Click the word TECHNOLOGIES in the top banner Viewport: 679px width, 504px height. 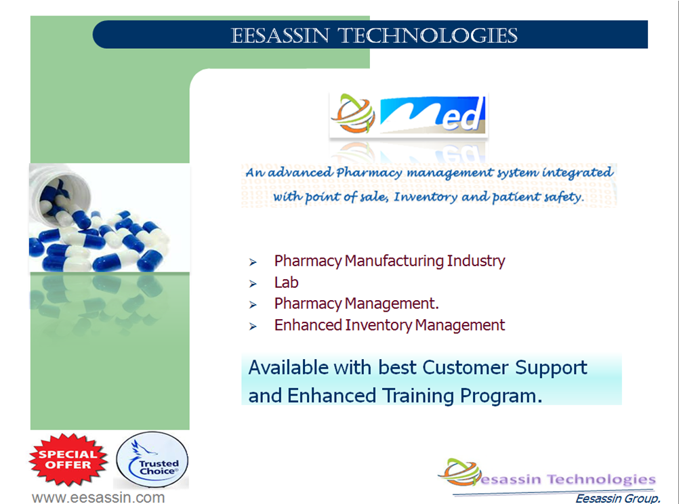(x=428, y=35)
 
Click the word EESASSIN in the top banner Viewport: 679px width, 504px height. (x=280, y=35)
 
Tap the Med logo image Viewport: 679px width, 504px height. (x=409, y=114)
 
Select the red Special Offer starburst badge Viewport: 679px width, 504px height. (x=68, y=459)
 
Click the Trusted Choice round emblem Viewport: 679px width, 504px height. (x=152, y=460)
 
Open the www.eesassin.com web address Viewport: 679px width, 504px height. (x=98, y=497)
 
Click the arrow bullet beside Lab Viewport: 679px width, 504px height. (x=253, y=284)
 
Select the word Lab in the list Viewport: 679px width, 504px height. (x=286, y=282)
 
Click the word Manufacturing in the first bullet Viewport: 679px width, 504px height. (x=394, y=261)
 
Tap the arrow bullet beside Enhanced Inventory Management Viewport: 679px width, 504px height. (x=253, y=327)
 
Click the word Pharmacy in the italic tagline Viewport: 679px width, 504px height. (x=369, y=173)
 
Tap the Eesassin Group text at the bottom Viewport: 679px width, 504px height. (x=618, y=499)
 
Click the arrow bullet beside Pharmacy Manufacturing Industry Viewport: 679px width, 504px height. (x=253, y=262)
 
